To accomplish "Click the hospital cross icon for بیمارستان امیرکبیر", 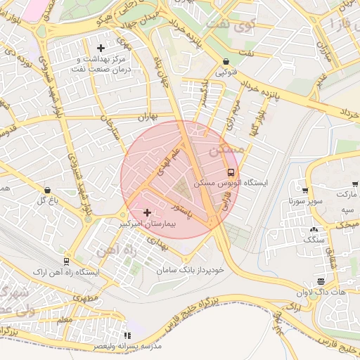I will [146, 212].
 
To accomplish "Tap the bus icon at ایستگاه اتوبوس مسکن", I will [231, 172].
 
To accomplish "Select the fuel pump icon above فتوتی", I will [225, 62].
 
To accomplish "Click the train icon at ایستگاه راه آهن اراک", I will [66, 262].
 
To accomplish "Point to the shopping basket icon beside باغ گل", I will [47, 191].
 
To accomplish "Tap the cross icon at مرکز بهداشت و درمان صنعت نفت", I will [101, 49].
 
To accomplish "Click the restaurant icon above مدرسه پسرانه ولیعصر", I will [127, 336].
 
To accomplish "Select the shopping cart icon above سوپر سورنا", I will [304, 190].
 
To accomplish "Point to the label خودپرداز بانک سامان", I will [187, 269].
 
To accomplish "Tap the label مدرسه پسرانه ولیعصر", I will [127, 346].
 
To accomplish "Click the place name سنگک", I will [313, 240].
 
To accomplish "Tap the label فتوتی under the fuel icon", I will [225, 72].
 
